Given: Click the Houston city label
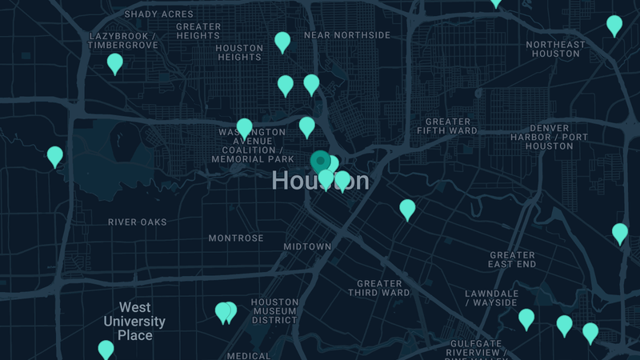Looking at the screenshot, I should [320, 181].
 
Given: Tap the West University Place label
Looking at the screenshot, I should [134, 321].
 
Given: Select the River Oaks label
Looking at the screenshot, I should [138, 222].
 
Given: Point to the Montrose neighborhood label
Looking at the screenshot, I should [236, 238].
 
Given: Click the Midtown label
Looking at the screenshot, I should [307, 247].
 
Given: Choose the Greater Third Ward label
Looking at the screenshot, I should [379, 288].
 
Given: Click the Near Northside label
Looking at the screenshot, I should [347, 35].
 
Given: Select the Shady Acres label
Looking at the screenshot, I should [158, 14].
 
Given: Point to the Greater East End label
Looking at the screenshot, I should [512, 259].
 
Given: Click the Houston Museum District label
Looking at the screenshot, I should [274, 311].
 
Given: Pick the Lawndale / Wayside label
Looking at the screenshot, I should [491, 298].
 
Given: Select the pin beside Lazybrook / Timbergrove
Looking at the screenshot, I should [115, 62].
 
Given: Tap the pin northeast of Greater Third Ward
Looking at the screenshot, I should [407, 209].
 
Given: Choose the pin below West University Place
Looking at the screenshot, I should [106, 349].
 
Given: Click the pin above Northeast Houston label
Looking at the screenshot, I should [614, 25].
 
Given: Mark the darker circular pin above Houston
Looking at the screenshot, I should [320, 161].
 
